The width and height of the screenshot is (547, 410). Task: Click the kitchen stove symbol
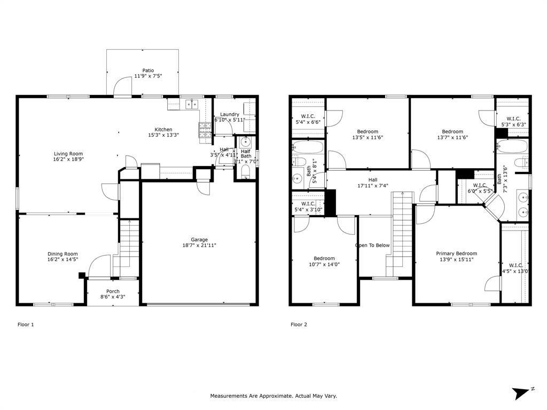coord(205,130)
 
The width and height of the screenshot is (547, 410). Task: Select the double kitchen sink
coord(192,104)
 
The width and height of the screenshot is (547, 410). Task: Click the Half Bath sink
coord(246,142)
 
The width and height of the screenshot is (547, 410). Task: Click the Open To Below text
coord(372,246)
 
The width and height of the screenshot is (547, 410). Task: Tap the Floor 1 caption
coord(26,324)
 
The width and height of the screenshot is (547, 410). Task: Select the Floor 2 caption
coord(299,324)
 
